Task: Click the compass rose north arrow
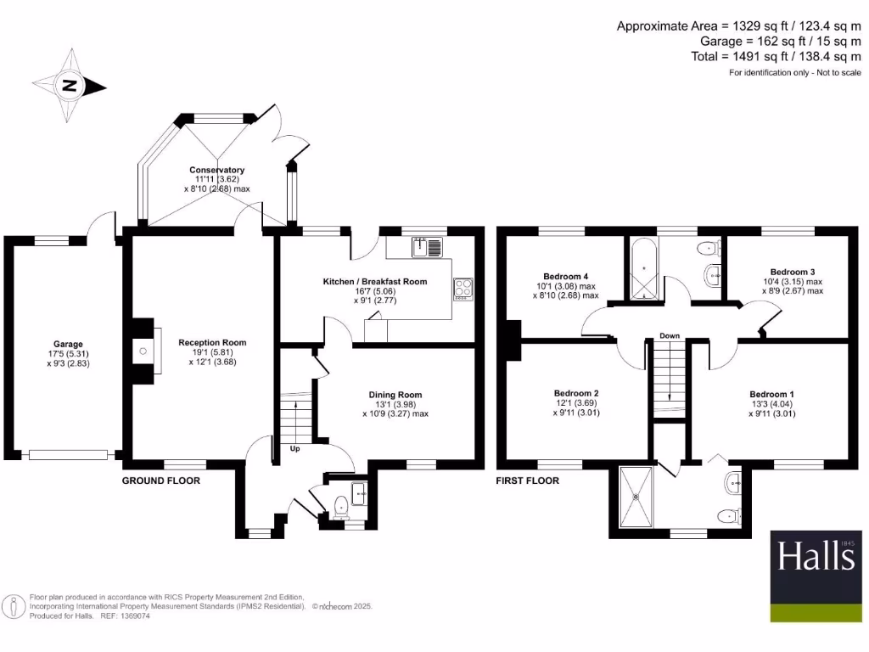[69, 86]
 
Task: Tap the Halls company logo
[816, 557]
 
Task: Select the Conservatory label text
[216, 170]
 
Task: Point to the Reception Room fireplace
[143, 348]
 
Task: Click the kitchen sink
[427, 247]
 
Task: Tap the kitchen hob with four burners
[463, 289]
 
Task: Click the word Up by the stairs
[294, 448]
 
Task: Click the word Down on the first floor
[670, 336]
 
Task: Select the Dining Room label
[395, 395]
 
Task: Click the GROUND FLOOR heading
[161, 481]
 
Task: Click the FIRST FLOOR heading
[528, 481]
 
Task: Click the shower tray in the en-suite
[636, 497]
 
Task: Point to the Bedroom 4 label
[566, 277]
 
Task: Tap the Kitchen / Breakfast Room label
[374, 281]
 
